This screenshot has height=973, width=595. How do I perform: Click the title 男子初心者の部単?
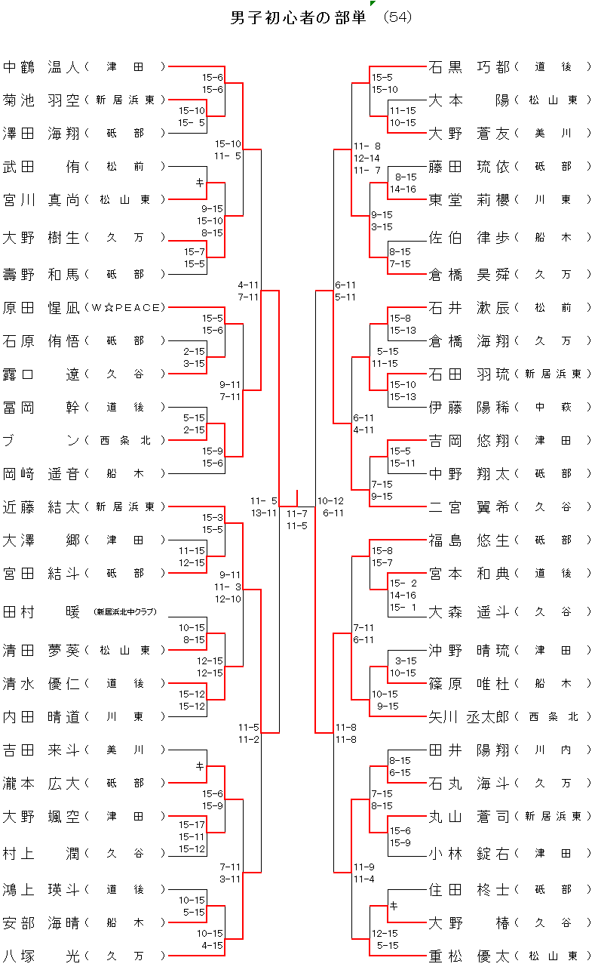pos(297,18)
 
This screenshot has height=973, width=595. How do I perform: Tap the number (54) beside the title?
pos(397,17)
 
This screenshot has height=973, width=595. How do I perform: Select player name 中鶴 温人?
pos(41,67)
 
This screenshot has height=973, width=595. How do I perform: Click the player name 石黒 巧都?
pos(469,67)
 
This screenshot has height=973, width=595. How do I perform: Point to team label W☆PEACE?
pos(125,308)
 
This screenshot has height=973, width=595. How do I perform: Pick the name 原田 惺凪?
pos(41,308)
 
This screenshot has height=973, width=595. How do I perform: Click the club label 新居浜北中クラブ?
pos(125,612)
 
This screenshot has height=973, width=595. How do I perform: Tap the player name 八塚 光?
pos(41,956)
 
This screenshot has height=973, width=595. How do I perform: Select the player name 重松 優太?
pos(469,956)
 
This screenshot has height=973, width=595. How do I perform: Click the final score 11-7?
pos(296,514)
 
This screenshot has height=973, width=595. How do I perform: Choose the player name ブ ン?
pos(41,441)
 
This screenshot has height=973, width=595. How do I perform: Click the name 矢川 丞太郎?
pos(469,716)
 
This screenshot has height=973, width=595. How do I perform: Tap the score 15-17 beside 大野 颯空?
pos(192,825)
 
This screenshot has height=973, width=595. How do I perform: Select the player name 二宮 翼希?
pos(469,507)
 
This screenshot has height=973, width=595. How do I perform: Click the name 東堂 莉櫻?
pos(469,200)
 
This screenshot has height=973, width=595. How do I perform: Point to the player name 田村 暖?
pos(41,611)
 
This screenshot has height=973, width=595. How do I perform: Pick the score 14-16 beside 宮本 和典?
pos(403,596)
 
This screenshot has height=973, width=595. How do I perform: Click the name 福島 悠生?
pos(469,540)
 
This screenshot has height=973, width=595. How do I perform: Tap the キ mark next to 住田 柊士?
pos(392,906)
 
